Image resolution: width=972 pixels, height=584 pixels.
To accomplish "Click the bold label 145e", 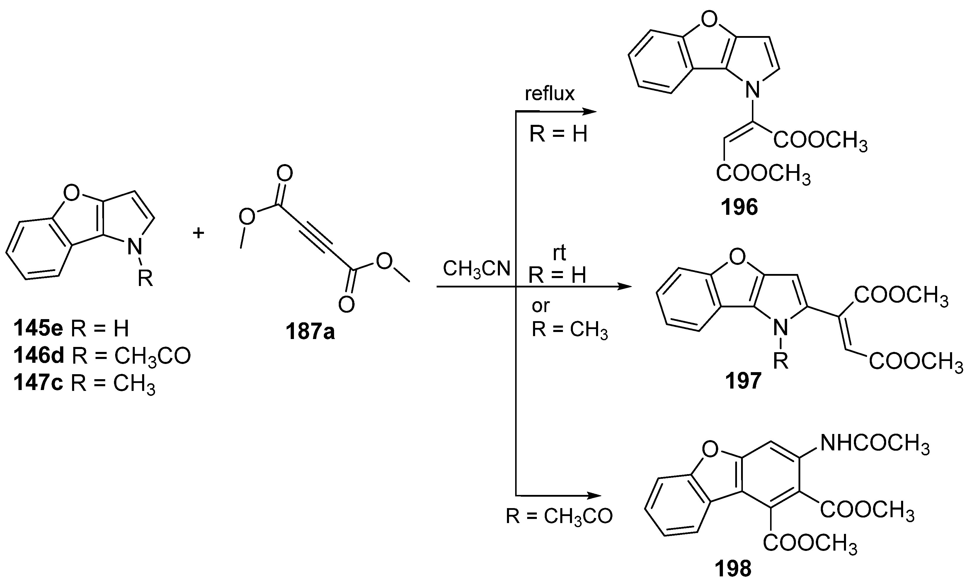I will tap(38, 328).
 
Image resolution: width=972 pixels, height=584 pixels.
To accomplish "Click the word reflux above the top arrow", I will tap(549, 94).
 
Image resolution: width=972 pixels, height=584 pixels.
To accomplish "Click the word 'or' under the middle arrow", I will tap(540, 306).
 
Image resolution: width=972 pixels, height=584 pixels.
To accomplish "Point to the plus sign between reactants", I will tap(198, 233).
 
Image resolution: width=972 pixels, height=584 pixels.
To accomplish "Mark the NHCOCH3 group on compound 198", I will tap(874, 444).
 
